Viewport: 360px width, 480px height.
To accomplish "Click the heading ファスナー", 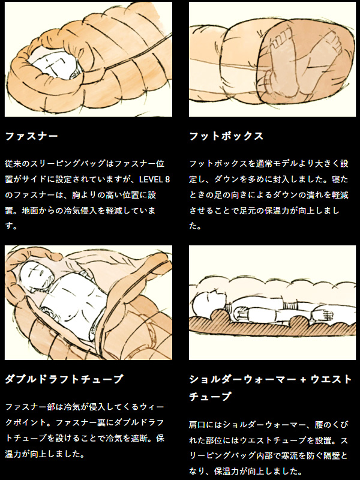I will [31, 136].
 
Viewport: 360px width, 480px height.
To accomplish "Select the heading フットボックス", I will [226, 136].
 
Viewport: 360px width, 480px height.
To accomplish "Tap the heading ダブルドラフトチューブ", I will [64, 379].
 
